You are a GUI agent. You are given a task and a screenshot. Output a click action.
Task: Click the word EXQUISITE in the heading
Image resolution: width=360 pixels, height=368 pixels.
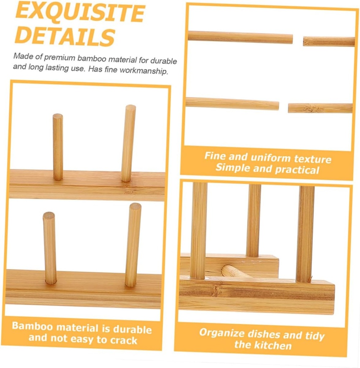coord(80,13)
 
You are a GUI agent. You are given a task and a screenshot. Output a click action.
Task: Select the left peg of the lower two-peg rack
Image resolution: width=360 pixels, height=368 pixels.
coord(50,248)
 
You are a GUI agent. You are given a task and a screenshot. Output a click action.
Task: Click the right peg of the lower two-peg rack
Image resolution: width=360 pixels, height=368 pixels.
coord(133,244)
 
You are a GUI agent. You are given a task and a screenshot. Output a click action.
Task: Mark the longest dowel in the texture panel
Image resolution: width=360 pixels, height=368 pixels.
coord(240,37)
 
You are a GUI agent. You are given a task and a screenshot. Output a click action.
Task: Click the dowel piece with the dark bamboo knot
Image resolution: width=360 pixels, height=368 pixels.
coord(320,108)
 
